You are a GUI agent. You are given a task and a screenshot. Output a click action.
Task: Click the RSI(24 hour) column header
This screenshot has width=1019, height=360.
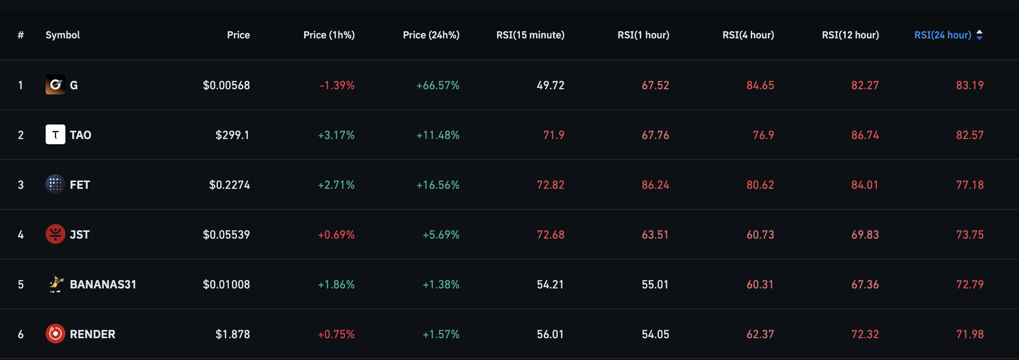[x=942, y=35]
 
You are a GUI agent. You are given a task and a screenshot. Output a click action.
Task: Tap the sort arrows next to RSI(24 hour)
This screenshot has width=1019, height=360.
[x=980, y=35]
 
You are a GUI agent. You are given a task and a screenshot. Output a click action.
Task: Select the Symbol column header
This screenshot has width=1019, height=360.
[x=62, y=35]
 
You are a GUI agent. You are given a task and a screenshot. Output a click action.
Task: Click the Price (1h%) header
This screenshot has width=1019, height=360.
[x=329, y=35]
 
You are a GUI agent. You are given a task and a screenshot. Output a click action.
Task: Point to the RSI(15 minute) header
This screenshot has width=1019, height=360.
[x=530, y=35]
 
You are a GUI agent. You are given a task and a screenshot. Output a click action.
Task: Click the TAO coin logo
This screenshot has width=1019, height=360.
[x=56, y=135]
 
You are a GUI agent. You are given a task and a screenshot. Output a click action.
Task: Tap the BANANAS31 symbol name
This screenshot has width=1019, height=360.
[x=103, y=284]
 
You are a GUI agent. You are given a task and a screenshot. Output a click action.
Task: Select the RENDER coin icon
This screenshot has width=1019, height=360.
[x=56, y=334]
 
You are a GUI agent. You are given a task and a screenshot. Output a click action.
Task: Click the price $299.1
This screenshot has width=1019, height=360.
[x=232, y=135]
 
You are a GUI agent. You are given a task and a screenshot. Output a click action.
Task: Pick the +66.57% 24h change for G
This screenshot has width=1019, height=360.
[x=438, y=85]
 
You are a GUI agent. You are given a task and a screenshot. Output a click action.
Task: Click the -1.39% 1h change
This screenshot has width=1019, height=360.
[x=337, y=85]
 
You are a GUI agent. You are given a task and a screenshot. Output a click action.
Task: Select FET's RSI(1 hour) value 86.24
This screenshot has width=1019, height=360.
[x=655, y=185]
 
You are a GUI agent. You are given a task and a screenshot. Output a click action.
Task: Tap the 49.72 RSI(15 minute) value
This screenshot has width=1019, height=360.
[x=550, y=85]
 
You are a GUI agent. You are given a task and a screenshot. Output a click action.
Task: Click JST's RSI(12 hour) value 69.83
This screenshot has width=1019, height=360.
[x=865, y=234]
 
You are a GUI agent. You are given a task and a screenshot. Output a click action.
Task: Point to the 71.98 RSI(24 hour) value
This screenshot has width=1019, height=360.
[x=970, y=334]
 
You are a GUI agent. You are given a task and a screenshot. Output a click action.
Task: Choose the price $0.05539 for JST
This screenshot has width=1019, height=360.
[x=226, y=234]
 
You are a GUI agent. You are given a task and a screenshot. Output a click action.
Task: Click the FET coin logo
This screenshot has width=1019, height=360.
[x=56, y=184]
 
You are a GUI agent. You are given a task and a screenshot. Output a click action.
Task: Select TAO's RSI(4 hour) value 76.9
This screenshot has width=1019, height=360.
[x=763, y=135]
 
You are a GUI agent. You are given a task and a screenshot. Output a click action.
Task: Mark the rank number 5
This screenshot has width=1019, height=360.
[x=21, y=284]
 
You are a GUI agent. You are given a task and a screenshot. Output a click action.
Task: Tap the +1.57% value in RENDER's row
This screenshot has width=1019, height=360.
[x=441, y=334]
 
